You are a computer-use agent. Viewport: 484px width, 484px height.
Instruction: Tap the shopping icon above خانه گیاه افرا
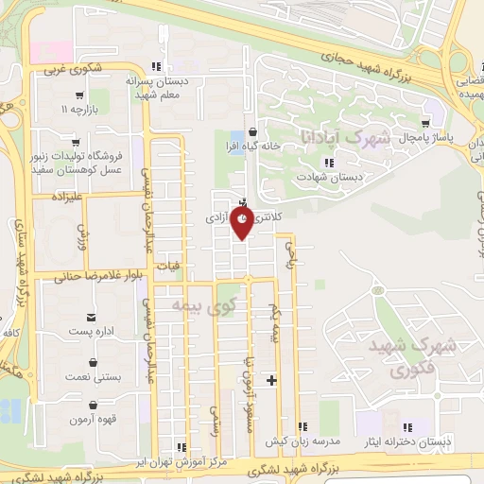coord(251,132)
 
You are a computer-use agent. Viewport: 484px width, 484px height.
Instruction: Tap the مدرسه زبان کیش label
coord(302,442)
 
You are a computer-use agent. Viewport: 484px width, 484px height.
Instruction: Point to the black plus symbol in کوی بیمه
coord(272,381)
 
